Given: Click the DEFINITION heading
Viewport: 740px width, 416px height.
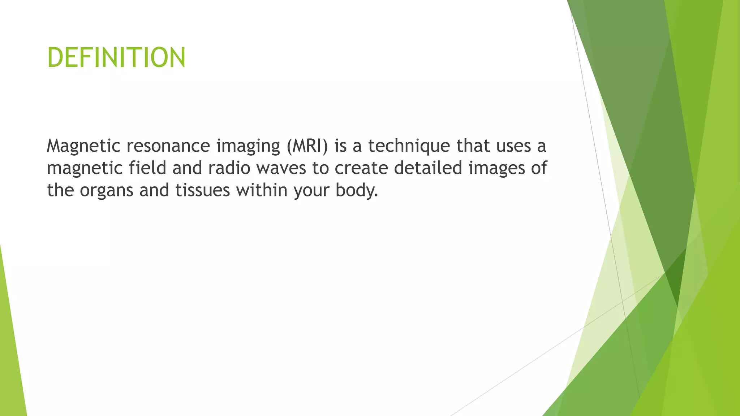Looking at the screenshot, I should pyautogui.click(x=116, y=58).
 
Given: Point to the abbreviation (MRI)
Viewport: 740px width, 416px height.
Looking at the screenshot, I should pyautogui.click(x=307, y=146).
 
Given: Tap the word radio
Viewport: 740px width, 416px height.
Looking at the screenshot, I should pyautogui.click(x=229, y=168).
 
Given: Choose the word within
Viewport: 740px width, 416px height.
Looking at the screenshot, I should pyautogui.click(x=262, y=190).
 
